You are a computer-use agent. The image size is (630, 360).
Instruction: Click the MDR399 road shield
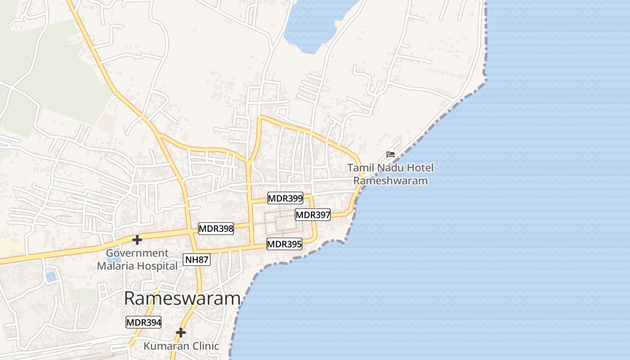[285, 198]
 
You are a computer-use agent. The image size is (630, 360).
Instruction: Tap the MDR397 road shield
[313, 215]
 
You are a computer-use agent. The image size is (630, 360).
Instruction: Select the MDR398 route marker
[216, 229]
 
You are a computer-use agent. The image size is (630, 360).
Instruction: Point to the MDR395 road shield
[284, 244]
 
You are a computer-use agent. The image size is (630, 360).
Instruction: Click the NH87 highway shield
[197, 259]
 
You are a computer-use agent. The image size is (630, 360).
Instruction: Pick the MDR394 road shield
[143, 322]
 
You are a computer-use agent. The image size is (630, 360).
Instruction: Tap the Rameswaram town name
[182, 298]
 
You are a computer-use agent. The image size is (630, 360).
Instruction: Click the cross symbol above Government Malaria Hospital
[137, 240]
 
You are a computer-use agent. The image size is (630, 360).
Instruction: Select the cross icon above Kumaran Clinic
[181, 333]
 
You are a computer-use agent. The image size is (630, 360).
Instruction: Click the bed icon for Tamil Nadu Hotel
[391, 154]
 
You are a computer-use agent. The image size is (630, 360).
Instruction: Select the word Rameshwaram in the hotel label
[390, 181]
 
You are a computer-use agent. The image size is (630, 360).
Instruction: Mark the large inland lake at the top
[315, 22]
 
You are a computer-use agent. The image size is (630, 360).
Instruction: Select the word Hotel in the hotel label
[420, 168]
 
